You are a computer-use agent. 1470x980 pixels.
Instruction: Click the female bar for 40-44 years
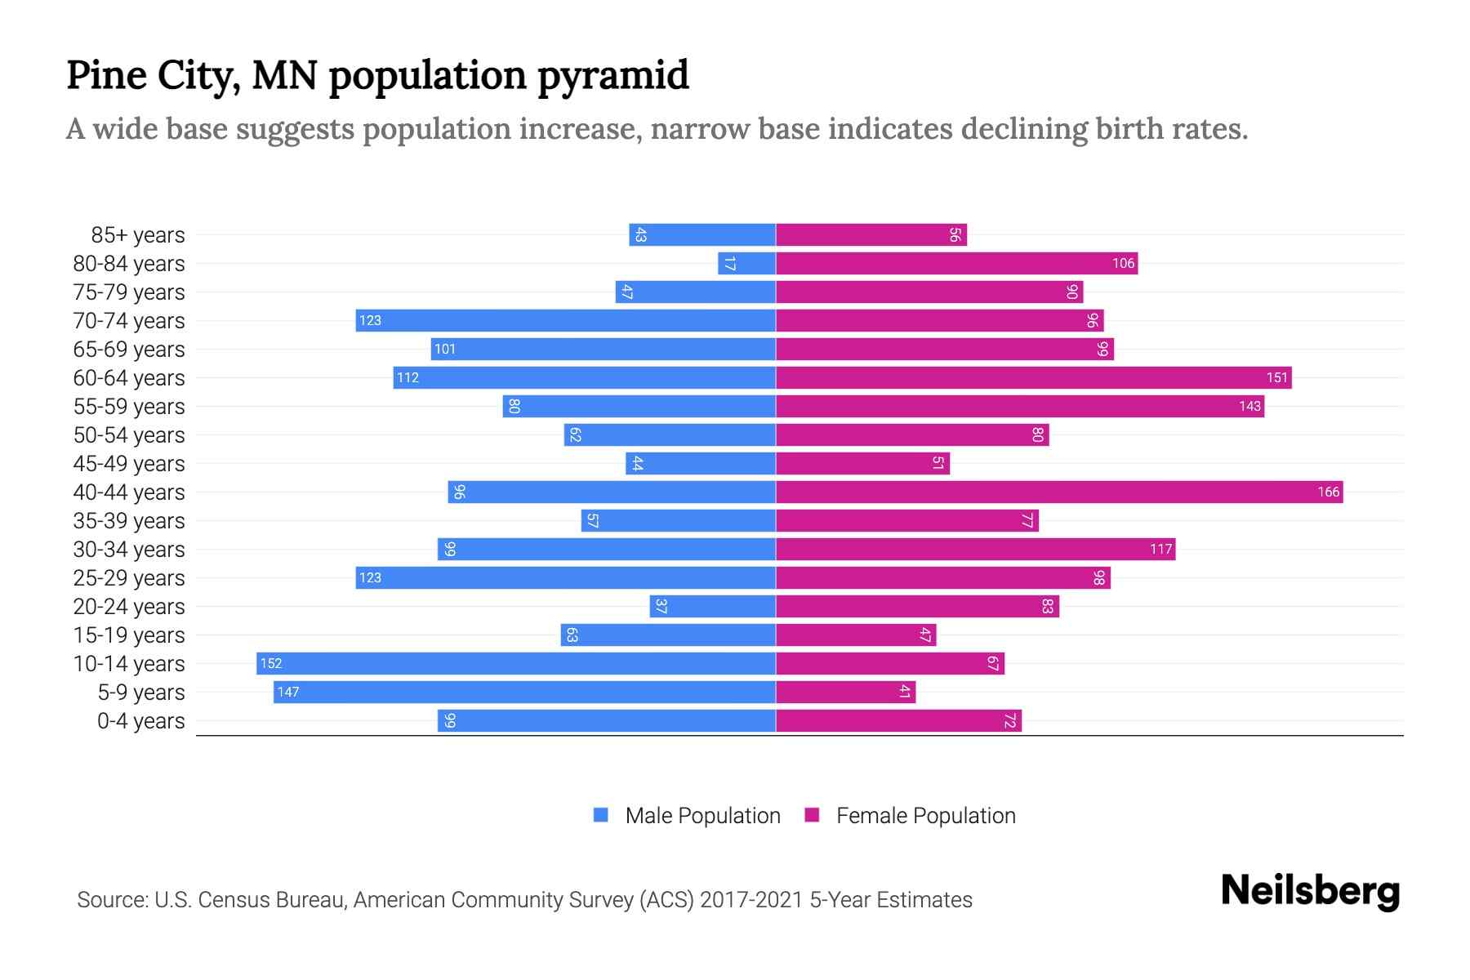[1058, 492]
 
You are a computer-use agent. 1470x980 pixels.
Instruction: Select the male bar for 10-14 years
[516, 663]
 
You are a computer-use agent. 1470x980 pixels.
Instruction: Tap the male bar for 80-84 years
[746, 263]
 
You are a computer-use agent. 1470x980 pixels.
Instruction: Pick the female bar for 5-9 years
[845, 692]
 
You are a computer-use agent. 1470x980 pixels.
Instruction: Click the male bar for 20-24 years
[712, 606]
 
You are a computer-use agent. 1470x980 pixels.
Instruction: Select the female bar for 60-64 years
[1033, 377]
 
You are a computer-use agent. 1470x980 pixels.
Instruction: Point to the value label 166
[1328, 492]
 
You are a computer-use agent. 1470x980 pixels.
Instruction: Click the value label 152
[271, 663]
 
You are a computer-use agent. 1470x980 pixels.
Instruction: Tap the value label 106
[1123, 263]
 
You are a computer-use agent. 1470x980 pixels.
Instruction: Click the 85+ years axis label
[138, 235]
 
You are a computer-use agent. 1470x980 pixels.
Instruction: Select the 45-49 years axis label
[129, 464]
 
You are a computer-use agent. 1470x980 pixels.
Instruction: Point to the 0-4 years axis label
[140, 721]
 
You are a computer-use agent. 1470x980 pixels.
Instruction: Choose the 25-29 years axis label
[129, 578]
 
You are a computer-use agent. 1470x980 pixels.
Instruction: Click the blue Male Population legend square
[601, 815]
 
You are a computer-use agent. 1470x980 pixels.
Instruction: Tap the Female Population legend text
[925, 816]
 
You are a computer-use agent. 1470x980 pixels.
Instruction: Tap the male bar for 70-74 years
[565, 320]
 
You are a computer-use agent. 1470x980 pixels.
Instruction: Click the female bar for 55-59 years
[1019, 406]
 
